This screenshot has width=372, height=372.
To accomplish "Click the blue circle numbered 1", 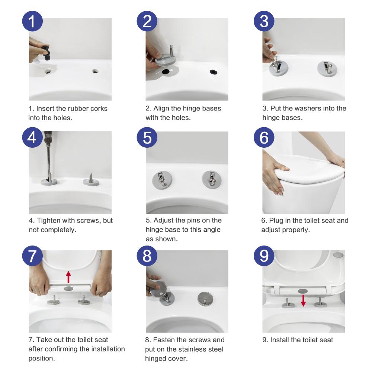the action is point(32,21).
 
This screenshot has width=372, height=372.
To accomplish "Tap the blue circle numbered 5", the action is point(147,137).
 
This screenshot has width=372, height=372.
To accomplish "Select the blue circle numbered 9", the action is point(264,256).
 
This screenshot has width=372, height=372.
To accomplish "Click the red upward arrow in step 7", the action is point(68,277).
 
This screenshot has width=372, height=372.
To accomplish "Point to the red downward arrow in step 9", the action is point(303,300).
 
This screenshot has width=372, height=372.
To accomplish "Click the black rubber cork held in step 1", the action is point(46,53).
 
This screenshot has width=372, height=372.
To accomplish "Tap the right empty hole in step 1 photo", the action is point(95,71).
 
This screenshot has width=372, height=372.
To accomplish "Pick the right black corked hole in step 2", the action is point(214,72).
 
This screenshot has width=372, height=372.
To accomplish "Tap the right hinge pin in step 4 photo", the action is point(91,177).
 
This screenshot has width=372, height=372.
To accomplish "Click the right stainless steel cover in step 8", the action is point(205,299).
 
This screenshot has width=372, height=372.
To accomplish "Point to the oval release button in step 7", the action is point(68,289).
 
